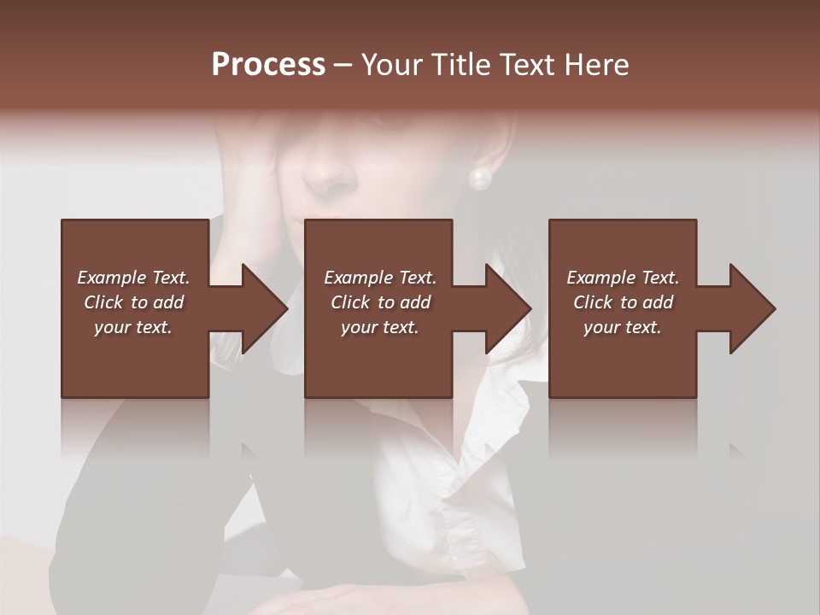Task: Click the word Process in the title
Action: [268, 65]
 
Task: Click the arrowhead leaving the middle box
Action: [503, 308]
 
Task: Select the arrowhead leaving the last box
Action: [747, 308]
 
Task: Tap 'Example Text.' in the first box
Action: [133, 278]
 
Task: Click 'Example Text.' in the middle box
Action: [379, 278]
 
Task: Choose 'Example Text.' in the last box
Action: [623, 278]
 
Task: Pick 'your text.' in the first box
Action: [133, 327]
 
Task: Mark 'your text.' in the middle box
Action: [379, 327]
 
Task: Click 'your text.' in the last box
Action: [623, 327]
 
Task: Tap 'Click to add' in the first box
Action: [133, 302]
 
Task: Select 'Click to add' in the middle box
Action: [379, 302]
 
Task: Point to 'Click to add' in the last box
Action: [623, 302]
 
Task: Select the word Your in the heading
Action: [389, 65]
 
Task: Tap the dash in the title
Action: [343, 66]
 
